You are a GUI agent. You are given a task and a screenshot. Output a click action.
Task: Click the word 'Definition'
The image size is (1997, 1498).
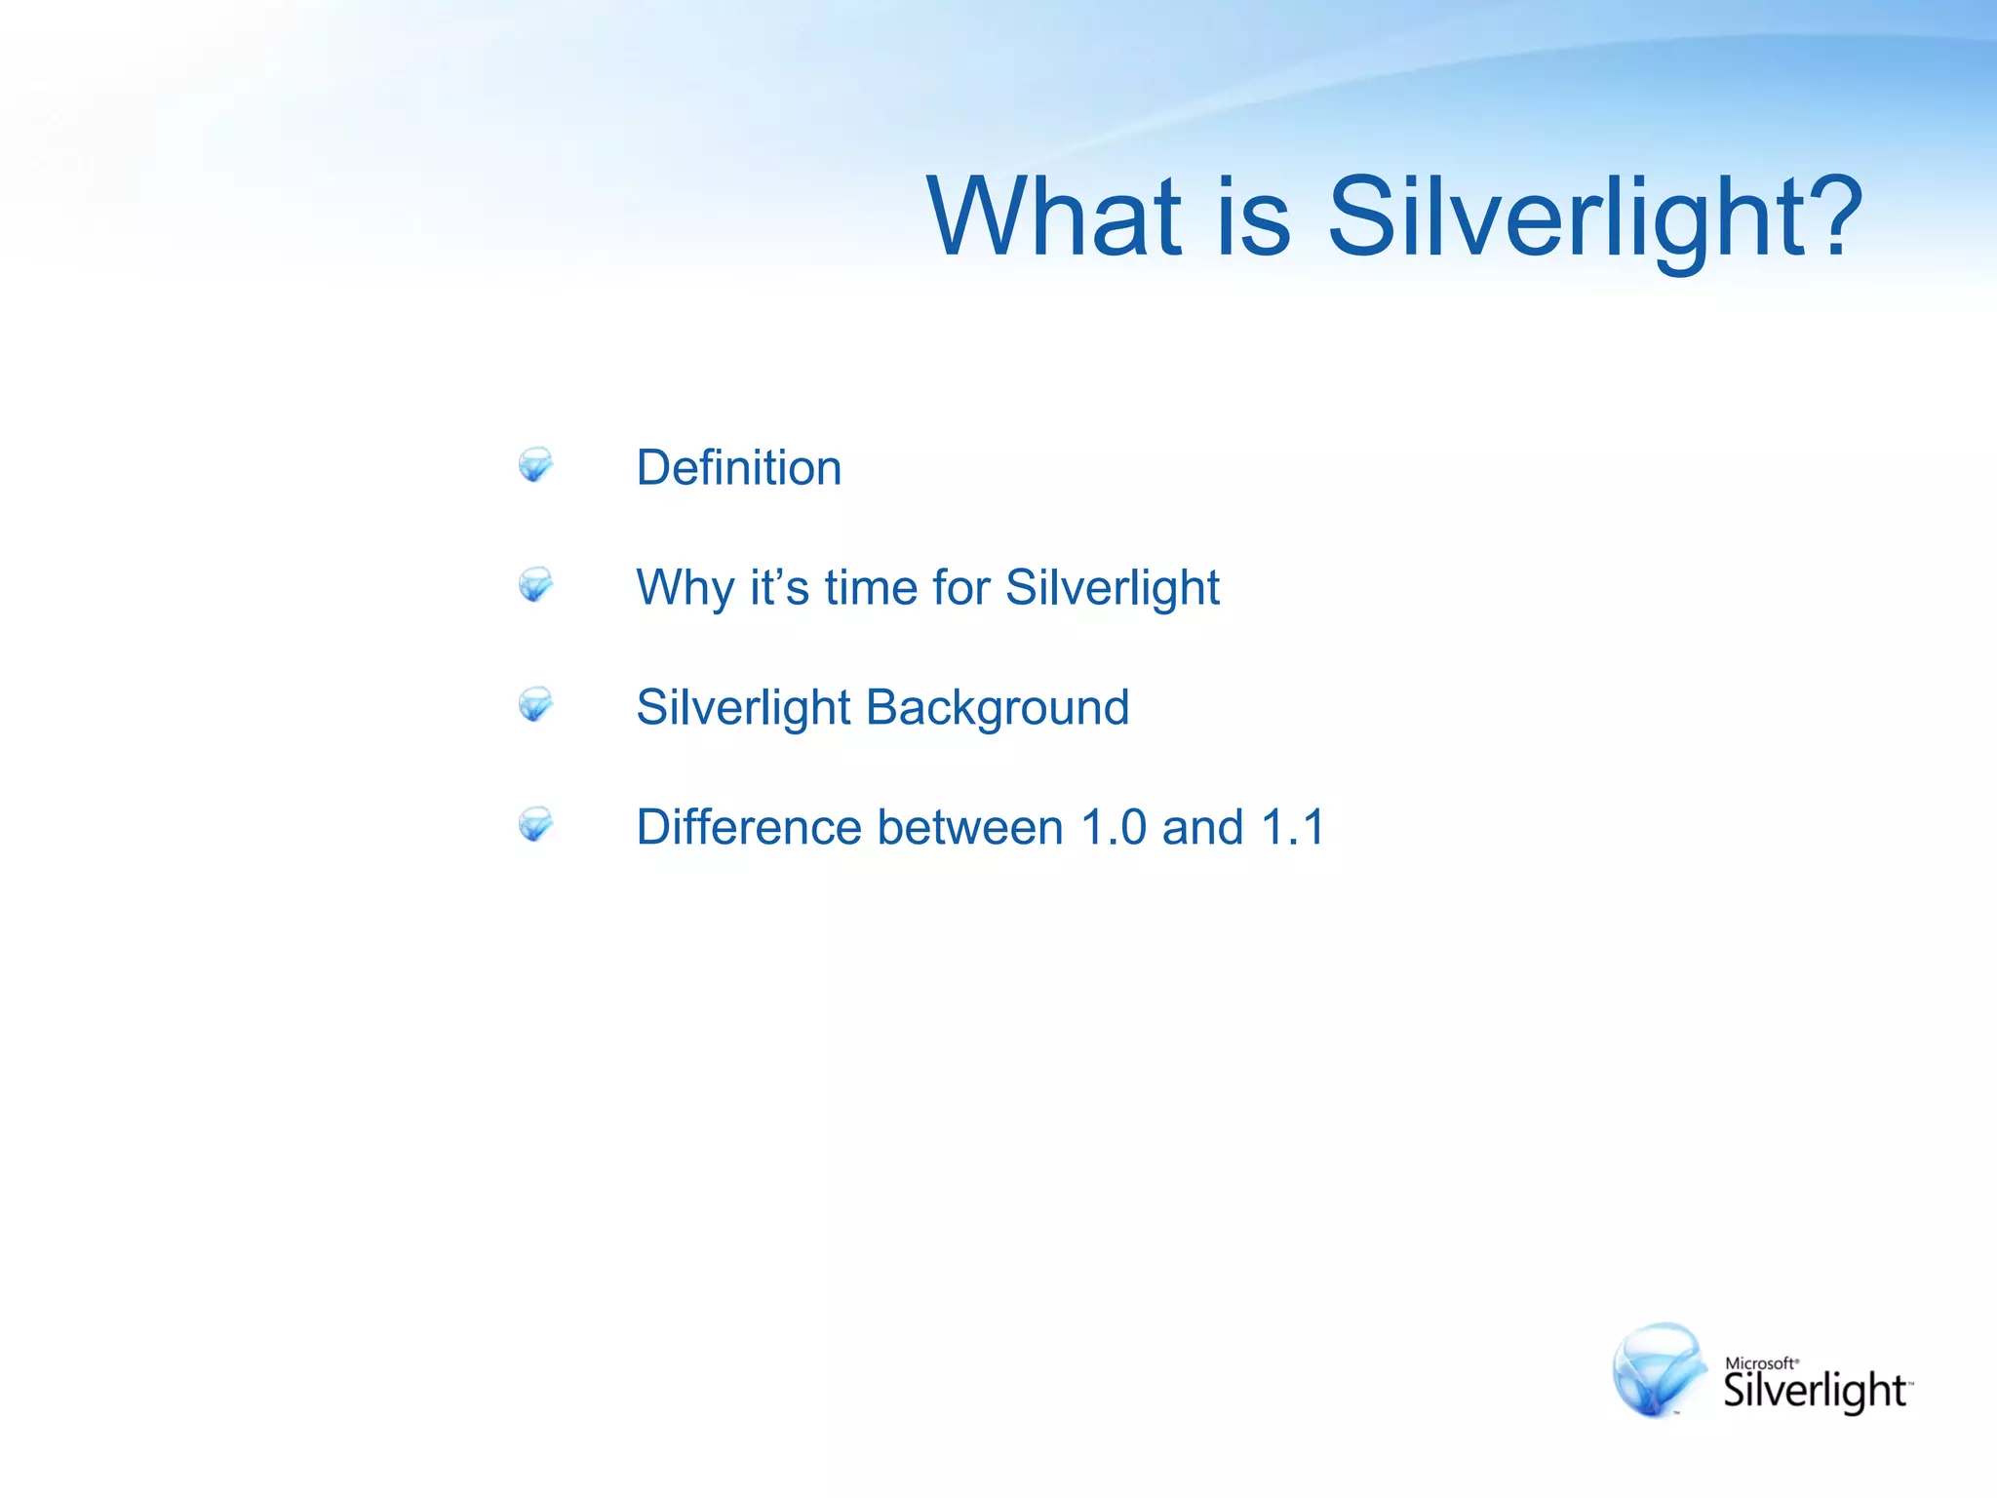click(x=738, y=467)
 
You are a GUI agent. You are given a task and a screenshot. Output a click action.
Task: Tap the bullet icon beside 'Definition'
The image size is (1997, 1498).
click(x=535, y=464)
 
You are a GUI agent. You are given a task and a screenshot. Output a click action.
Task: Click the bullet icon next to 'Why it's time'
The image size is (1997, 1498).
click(x=535, y=584)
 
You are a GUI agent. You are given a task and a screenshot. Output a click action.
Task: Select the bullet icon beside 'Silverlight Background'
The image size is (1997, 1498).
click(x=535, y=704)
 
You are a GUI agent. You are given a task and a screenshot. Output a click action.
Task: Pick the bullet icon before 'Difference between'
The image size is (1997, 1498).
click(x=535, y=824)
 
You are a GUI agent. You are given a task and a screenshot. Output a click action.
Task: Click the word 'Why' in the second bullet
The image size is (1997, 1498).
click(x=685, y=588)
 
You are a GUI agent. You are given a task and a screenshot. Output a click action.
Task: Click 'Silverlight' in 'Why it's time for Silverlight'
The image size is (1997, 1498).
click(x=1112, y=588)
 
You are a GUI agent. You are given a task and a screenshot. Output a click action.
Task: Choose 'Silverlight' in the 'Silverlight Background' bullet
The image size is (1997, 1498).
click(x=743, y=707)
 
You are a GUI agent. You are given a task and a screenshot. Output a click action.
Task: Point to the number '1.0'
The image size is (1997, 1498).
click(x=1114, y=827)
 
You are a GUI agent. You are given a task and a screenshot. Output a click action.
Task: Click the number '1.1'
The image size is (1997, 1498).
click(x=1293, y=827)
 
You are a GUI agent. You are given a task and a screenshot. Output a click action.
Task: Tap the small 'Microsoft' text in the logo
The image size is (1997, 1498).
click(x=1760, y=1363)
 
